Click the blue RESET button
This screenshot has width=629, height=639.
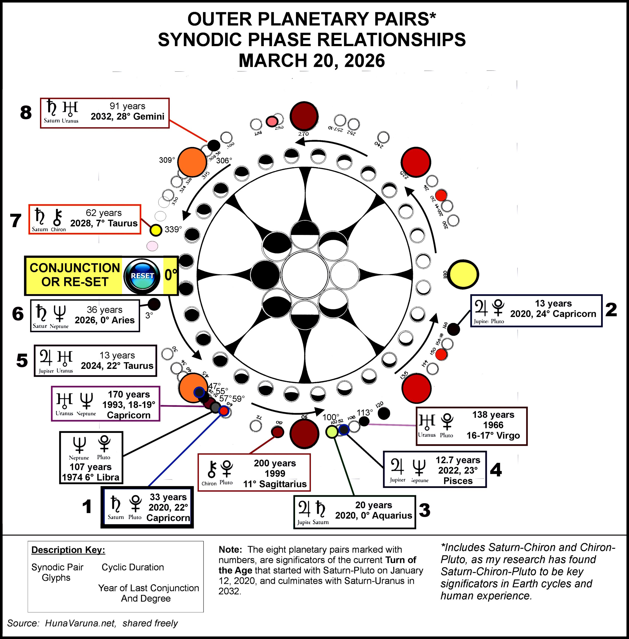pos(142,276)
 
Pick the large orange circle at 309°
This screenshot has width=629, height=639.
pos(192,162)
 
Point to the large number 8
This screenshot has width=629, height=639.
pos(26,113)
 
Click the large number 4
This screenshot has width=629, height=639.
pos(496,470)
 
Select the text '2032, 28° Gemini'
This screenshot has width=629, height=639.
pos(128,117)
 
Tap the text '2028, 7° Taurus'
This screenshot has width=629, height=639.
pos(104,223)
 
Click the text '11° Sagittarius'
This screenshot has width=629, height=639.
pos(275,484)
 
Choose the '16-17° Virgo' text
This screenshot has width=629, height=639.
pos(493,436)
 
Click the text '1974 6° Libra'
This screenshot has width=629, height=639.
pos(91,477)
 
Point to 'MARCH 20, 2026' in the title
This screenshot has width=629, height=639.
pos(312,61)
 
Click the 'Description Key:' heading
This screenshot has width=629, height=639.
pos(68,550)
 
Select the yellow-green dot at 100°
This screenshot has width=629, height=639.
pos(332,432)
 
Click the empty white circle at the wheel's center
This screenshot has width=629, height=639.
pos(304,275)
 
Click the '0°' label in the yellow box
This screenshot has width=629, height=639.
pos(170,275)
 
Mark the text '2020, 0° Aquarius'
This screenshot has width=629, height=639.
pos(374,515)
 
